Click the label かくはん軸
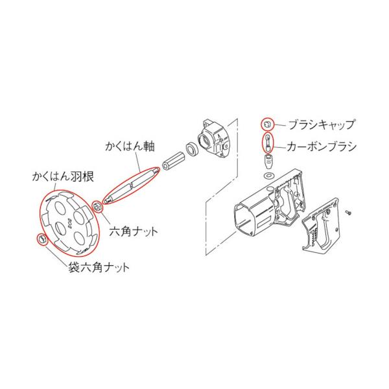pyautogui.click(x=130, y=146)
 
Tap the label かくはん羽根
pyautogui.click(x=63, y=177)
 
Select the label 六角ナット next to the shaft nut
pyautogui.click(x=134, y=231)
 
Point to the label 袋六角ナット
pyautogui.click(x=99, y=268)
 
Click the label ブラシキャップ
pyautogui.click(x=322, y=124)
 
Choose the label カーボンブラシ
pyautogui.click(x=322, y=147)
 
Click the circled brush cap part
pyautogui.click(x=267, y=124)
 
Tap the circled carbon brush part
pyautogui.click(x=268, y=143)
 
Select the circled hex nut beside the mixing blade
pyautogui.click(x=97, y=206)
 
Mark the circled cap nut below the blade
pyautogui.click(x=41, y=239)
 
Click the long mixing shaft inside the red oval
pyautogui.click(x=131, y=185)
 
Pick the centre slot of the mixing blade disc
pyautogui.click(x=60, y=228)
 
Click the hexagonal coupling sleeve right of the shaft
pyautogui.click(x=173, y=161)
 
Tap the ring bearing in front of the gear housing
pyautogui.click(x=192, y=149)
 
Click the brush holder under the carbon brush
pyautogui.click(x=268, y=161)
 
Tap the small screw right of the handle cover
pyautogui.click(x=349, y=212)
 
